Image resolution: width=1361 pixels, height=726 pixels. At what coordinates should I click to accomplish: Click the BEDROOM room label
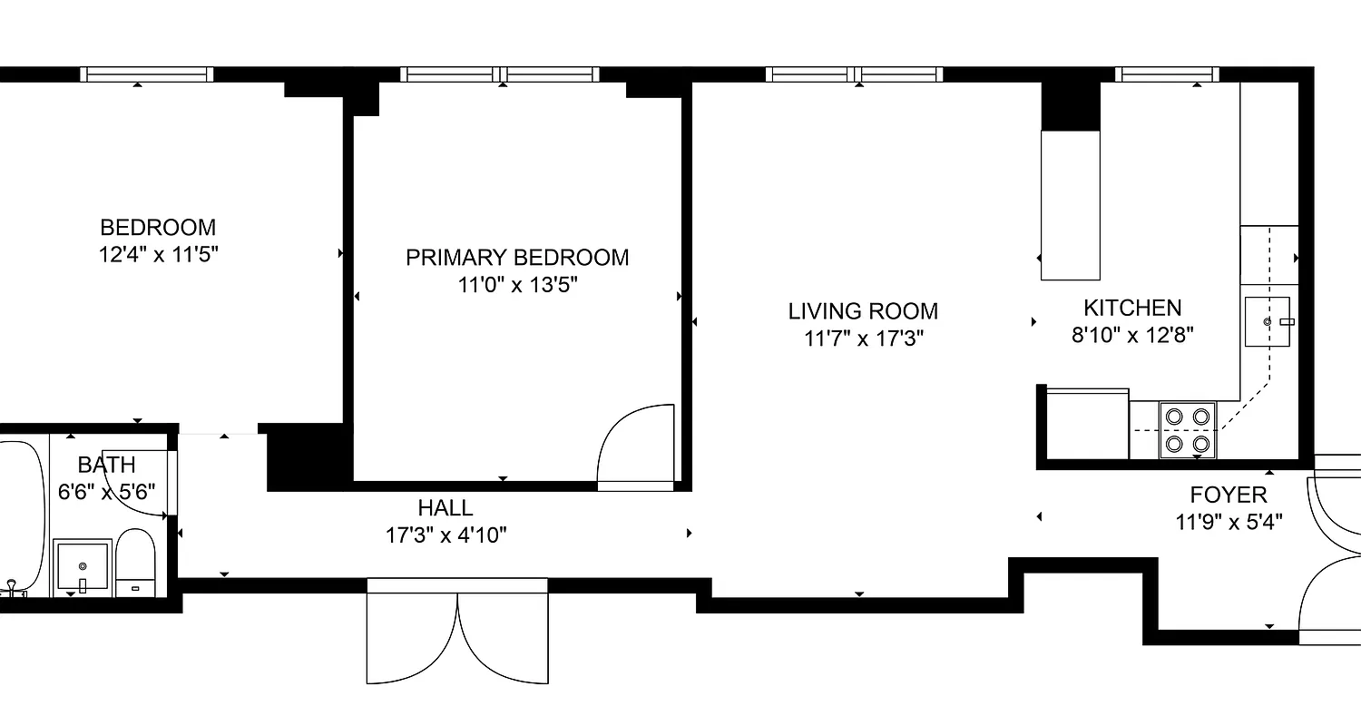(x=158, y=227)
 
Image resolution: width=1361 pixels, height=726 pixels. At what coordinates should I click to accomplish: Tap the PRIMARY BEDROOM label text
(x=517, y=258)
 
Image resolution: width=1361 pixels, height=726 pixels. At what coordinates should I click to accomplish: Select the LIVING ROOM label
(x=863, y=311)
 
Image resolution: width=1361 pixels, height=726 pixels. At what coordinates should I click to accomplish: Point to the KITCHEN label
(x=1132, y=308)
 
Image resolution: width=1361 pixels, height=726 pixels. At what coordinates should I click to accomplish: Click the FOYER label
(x=1229, y=495)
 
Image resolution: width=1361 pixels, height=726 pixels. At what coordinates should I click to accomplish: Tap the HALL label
(x=446, y=507)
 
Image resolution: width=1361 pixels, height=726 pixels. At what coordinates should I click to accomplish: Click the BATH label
(x=106, y=466)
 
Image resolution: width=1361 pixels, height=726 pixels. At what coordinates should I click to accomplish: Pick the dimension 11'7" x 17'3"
(x=863, y=339)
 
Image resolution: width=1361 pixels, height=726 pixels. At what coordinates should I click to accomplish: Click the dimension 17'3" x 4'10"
(x=446, y=535)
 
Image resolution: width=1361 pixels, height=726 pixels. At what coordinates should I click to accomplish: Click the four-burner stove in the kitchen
(x=1188, y=430)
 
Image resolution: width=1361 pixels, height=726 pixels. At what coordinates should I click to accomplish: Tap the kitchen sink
(x=1268, y=321)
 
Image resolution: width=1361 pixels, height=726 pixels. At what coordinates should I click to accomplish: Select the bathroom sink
(x=83, y=565)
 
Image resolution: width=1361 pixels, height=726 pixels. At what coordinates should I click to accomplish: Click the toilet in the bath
(x=136, y=564)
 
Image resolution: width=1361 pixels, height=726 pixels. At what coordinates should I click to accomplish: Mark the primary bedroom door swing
(x=636, y=446)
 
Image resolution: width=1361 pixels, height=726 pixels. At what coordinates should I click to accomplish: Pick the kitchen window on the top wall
(x=1165, y=74)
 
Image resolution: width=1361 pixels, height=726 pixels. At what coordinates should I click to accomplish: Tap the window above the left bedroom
(x=146, y=74)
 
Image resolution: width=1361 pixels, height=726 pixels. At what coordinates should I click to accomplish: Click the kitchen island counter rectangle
(x=1070, y=205)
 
